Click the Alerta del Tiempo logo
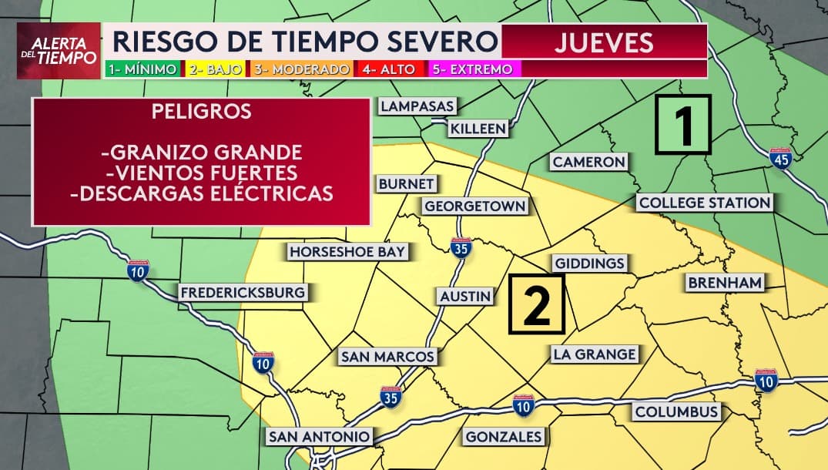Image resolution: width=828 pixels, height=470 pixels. tap(59, 51)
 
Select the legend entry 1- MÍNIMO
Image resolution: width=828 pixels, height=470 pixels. tap(142, 69)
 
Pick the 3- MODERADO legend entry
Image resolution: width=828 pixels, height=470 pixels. tap(300, 69)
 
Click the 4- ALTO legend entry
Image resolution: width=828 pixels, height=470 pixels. tap(388, 69)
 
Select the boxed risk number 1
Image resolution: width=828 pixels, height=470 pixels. tap(683, 125)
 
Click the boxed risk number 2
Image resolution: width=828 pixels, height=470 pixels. tap(537, 306)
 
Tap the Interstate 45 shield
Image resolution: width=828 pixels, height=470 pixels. tap(780, 158)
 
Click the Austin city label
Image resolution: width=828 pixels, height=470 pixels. tap(465, 296)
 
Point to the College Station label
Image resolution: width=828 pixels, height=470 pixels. tap(704, 203)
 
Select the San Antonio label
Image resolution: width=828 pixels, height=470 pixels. tap(319, 436)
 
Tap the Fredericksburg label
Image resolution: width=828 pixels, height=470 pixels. tap(243, 292)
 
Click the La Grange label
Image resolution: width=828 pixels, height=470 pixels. tap(594, 354)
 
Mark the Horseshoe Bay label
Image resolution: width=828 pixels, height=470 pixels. tap(347, 251)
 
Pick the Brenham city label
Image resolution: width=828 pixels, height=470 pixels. tap(724, 283)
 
